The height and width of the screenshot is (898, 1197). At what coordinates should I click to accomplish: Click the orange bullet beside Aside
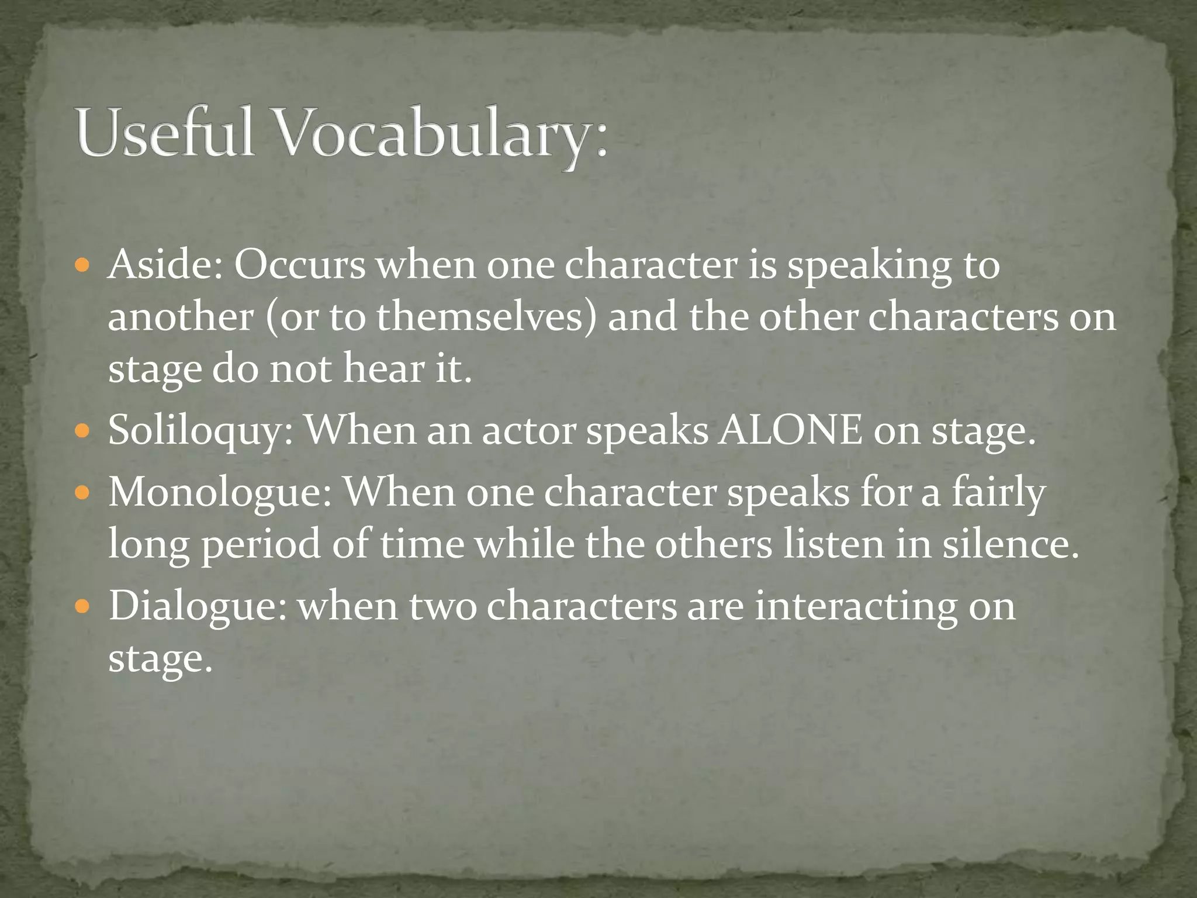pos(82,267)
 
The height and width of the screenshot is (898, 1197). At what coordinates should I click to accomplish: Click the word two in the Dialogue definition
pos(442,606)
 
